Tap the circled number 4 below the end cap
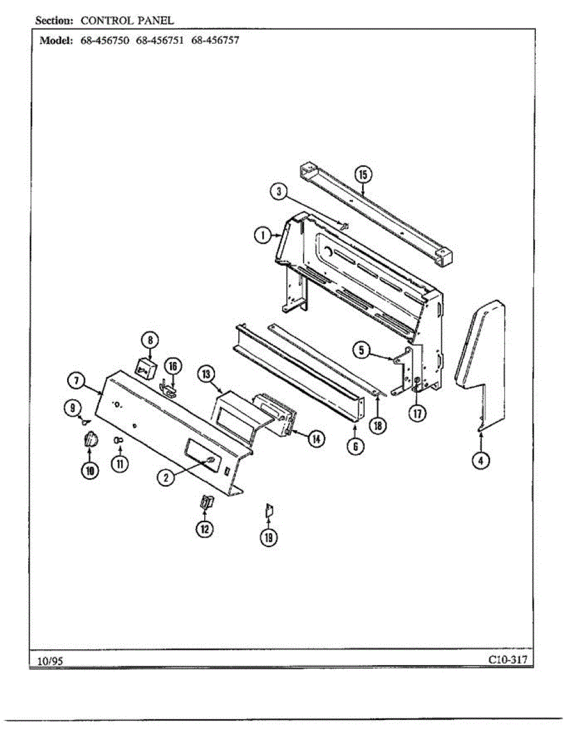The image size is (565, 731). point(481,461)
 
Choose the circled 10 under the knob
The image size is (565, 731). point(90,470)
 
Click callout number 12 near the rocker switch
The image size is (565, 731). point(204,529)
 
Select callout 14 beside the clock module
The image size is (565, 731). point(315,438)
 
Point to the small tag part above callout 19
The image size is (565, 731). point(269,510)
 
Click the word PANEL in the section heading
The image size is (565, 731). point(158,20)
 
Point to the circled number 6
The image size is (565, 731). point(355,447)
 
